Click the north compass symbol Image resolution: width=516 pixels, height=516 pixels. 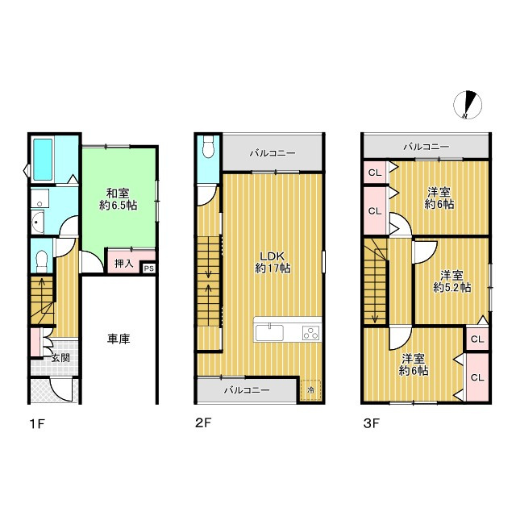click(x=468, y=105)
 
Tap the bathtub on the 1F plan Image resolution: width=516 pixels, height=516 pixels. click(x=43, y=160)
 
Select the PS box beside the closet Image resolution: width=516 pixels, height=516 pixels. click(x=148, y=268)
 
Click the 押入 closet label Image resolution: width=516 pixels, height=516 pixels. click(x=123, y=264)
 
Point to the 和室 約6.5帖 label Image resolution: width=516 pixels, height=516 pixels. click(x=119, y=199)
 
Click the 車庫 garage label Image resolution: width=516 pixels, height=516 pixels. click(x=119, y=339)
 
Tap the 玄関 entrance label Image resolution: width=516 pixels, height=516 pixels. click(x=60, y=358)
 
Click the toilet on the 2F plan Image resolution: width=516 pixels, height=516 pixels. click(x=208, y=146)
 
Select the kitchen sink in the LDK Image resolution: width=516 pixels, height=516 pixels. click(x=269, y=332)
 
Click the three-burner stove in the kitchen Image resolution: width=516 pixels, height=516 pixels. click(x=311, y=332)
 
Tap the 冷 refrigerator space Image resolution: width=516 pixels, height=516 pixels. click(x=310, y=390)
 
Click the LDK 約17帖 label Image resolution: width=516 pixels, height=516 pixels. click(x=273, y=262)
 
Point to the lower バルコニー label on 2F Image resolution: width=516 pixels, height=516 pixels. click(x=247, y=390)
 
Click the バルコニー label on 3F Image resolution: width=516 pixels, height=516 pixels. click(x=427, y=147)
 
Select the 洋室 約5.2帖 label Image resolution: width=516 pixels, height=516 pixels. click(x=451, y=281)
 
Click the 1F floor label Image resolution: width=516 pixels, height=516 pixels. click(x=37, y=423)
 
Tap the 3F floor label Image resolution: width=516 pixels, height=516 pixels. click(x=372, y=422)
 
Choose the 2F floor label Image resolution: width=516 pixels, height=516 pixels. click(x=202, y=422)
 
